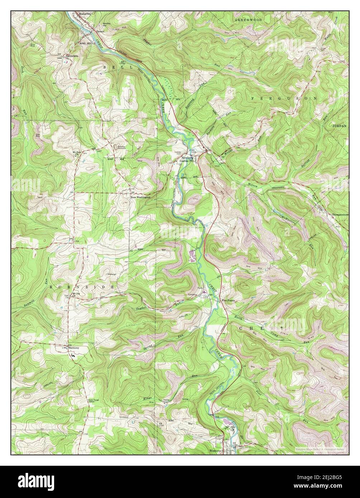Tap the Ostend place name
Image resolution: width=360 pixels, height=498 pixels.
(x=100, y=32)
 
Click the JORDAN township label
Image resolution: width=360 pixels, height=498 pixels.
(x=339, y=126)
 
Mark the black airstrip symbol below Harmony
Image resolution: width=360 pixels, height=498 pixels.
(x=74, y=355)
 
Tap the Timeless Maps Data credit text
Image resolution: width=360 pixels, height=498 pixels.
(x=321, y=449)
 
